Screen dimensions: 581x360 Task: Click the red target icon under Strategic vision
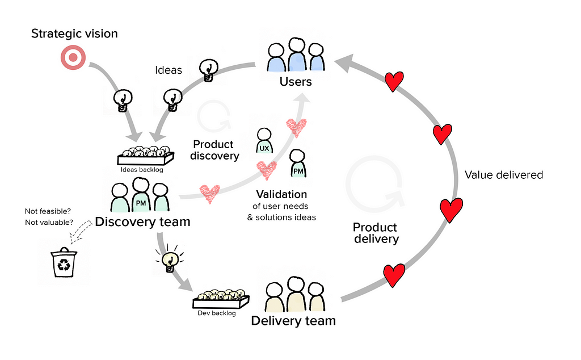point(73,57)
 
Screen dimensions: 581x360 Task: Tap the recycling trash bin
point(64,262)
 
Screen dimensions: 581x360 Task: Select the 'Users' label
point(296,82)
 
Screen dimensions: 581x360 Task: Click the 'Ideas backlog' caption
point(142,170)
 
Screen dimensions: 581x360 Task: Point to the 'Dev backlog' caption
point(217,313)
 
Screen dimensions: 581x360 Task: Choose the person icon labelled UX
point(264,141)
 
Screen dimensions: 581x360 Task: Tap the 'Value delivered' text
point(504,175)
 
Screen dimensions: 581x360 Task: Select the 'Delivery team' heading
point(293,321)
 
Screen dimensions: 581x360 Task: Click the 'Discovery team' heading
point(142,221)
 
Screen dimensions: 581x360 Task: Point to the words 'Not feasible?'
point(48,211)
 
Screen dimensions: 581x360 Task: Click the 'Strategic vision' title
point(74,34)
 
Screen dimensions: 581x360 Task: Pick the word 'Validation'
point(281,194)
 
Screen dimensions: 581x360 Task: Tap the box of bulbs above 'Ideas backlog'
point(146,156)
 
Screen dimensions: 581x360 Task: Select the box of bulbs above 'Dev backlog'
point(221,299)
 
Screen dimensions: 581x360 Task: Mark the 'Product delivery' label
point(376,233)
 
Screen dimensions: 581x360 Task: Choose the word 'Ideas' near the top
point(169,70)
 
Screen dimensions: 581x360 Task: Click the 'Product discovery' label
point(214,150)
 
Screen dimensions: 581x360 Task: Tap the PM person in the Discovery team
point(141,195)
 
